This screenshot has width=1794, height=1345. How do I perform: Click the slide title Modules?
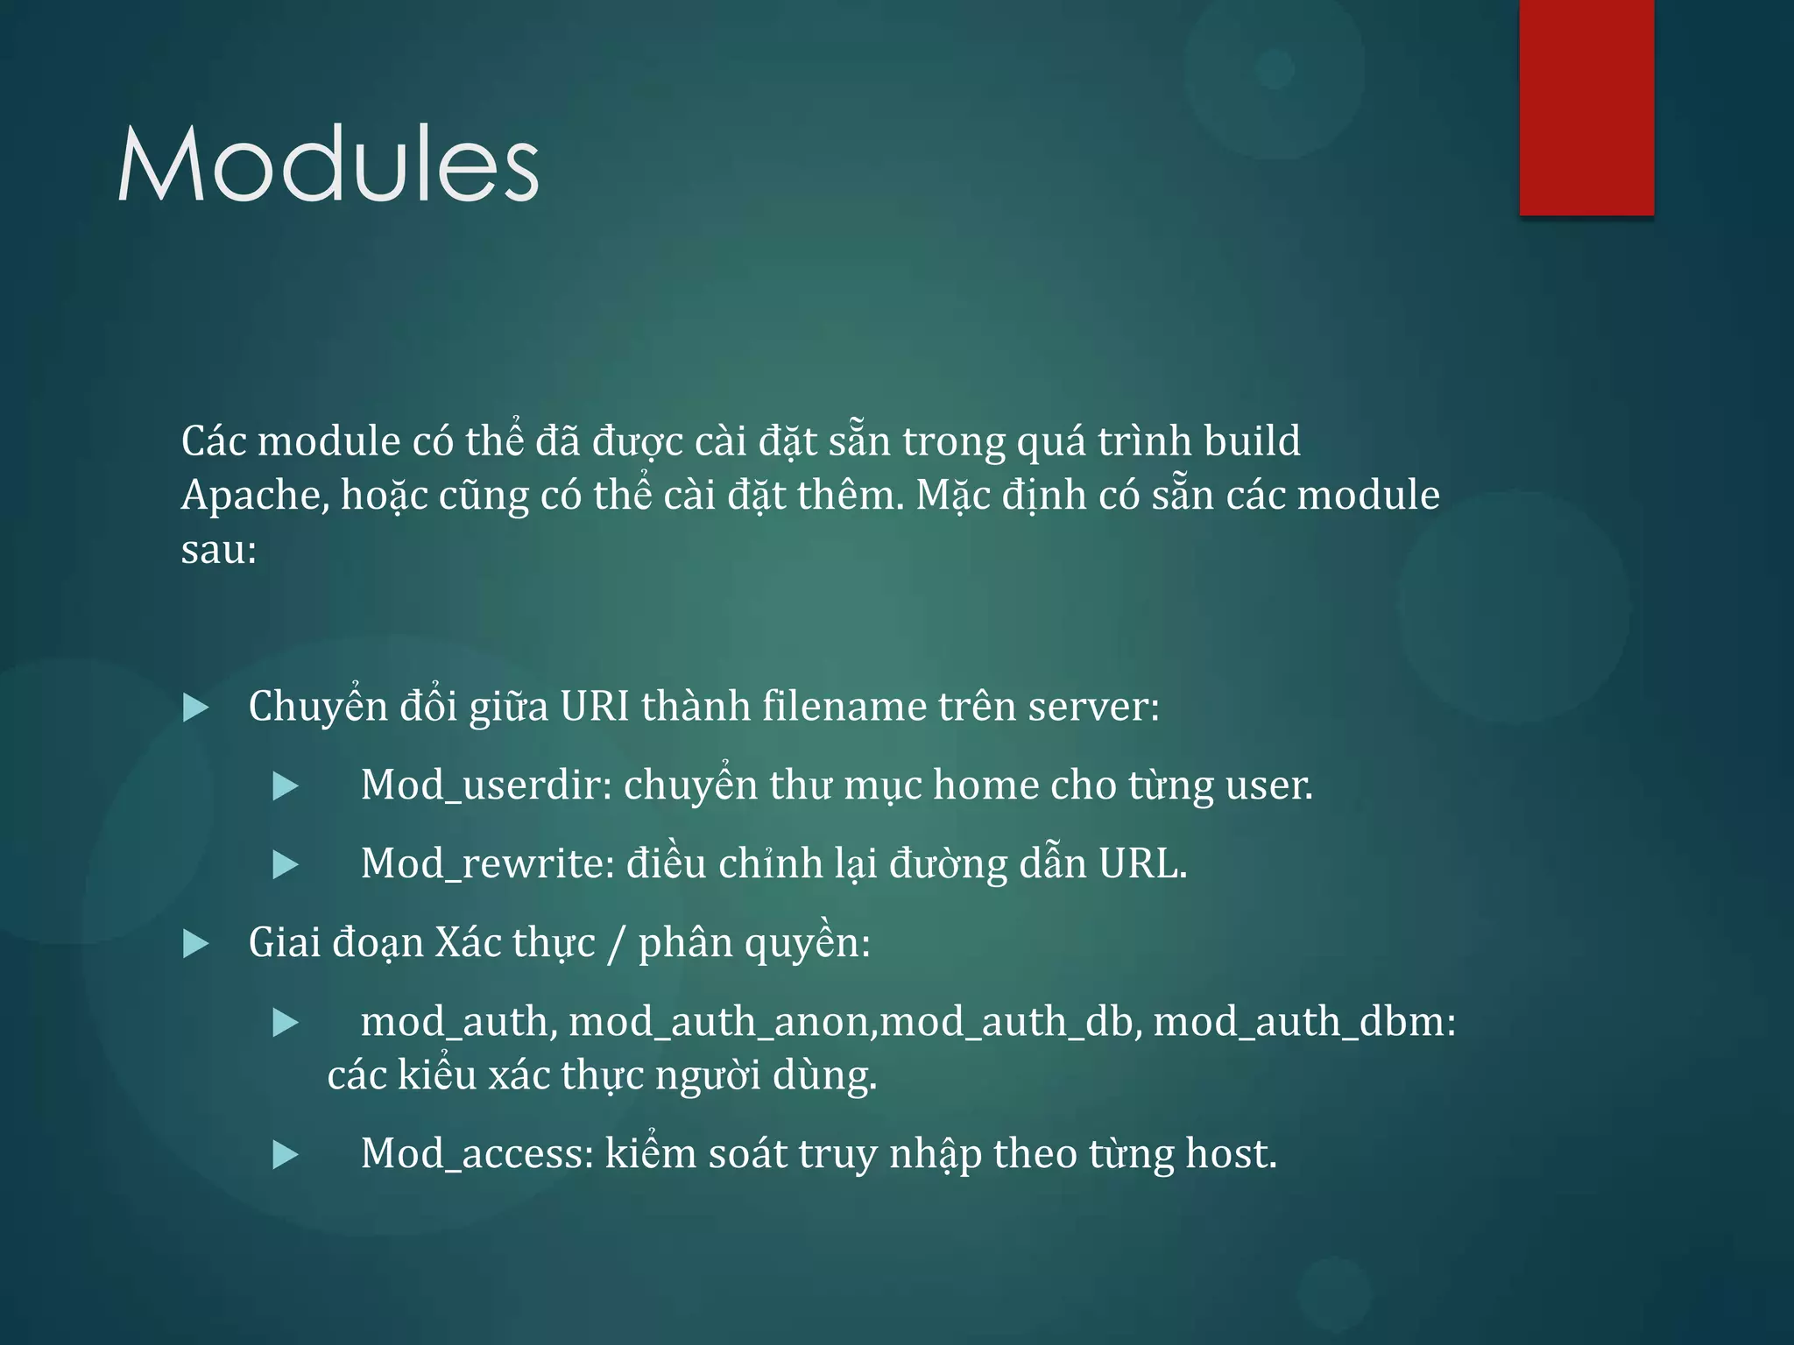pyautogui.click(x=328, y=164)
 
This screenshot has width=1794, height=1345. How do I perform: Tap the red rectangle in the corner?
pyautogui.click(x=1586, y=107)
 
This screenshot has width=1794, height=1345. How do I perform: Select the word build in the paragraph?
pyautogui.click(x=1252, y=441)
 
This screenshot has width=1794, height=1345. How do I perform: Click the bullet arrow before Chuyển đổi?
pyautogui.click(x=195, y=708)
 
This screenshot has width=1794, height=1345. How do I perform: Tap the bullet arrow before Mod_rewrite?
pyautogui.click(x=286, y=865)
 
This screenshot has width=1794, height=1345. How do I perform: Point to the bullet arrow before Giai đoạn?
pyautogui.click(x=195, y=944)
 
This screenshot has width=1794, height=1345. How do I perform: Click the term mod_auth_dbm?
pyautogui.click(x=1304, y=1022)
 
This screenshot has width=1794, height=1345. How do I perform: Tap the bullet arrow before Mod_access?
pyautogui.click(x=286, y=1155)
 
